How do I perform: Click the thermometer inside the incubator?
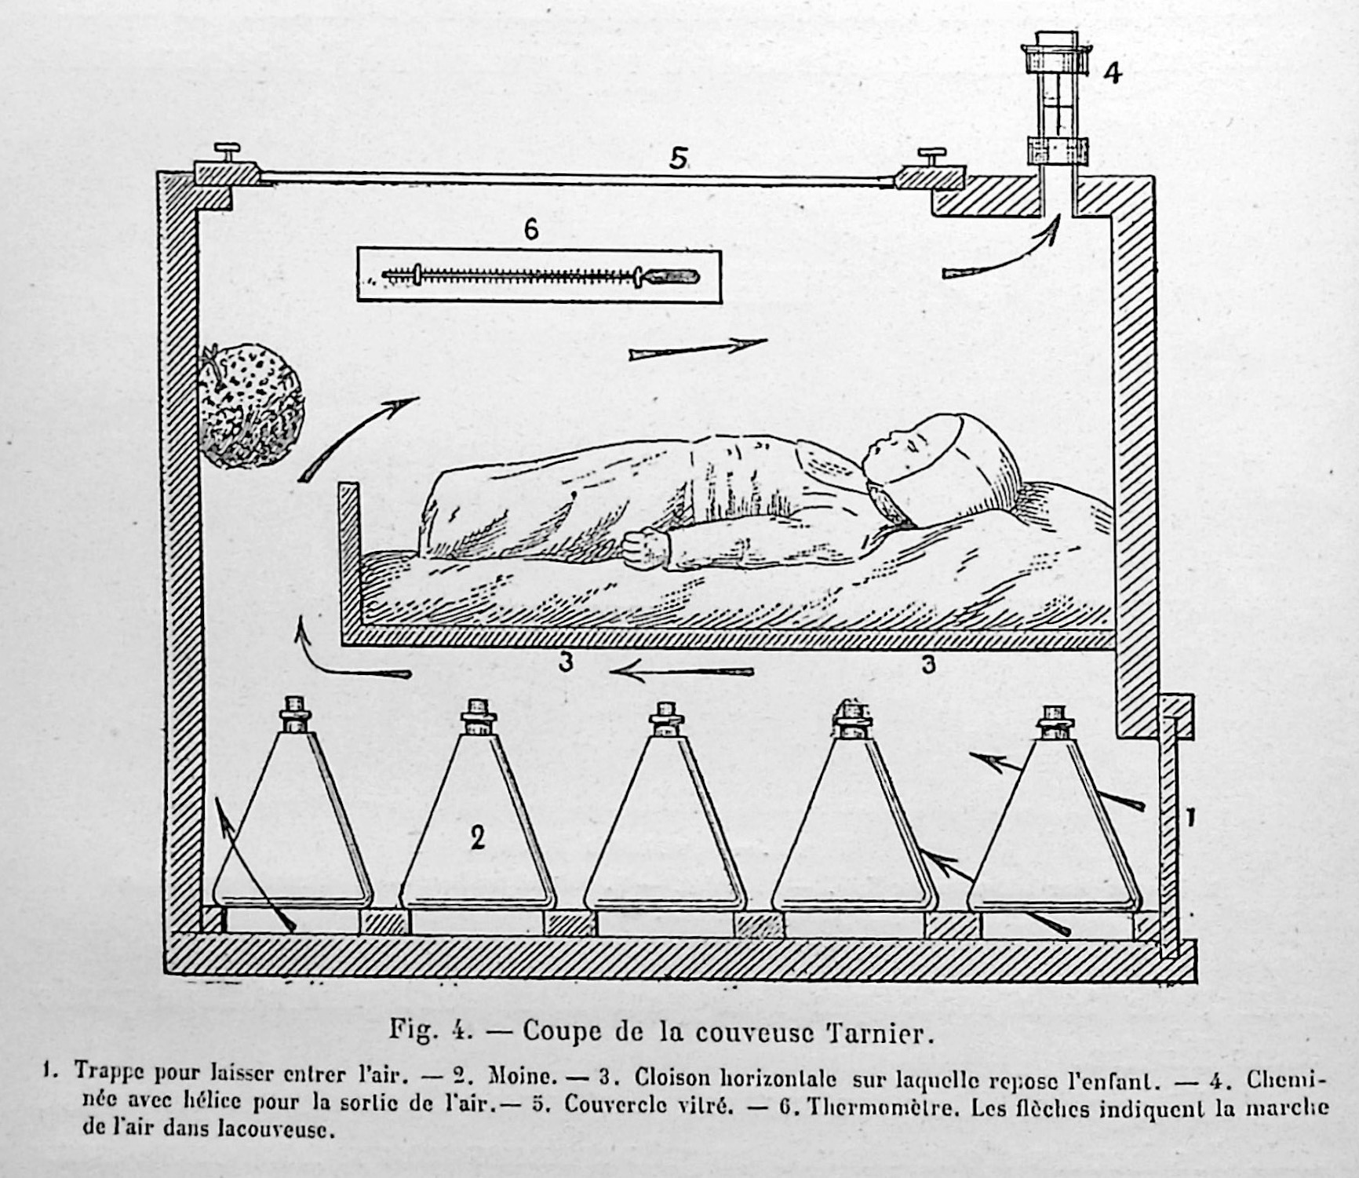click(540, 275)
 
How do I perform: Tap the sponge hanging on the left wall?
click(250, 405)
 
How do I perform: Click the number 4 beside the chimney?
click(1112, 73)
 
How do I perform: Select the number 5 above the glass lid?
click(679, 159)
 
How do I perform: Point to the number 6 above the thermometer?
click(531, 229)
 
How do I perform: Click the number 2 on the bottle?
click(477, 837)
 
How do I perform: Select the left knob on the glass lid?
click(228, 150)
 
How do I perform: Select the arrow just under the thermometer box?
click(698, 349)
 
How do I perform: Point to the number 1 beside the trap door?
click(1190, 819)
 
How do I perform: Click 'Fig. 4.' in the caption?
click(431, 1030)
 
